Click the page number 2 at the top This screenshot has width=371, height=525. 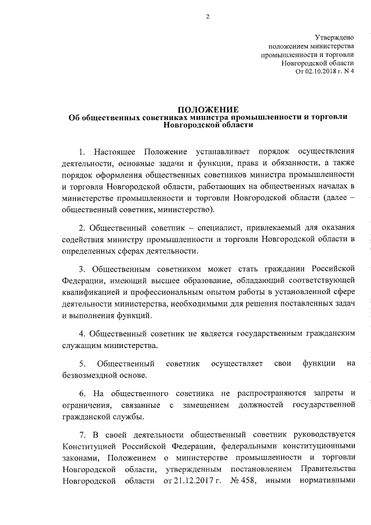pyautogui.click(x=207, y=17)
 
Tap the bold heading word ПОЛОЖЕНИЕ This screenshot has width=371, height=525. pyautogui.click(x=208, y=108)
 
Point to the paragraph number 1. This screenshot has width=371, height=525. pyautogui.click(x=82, y=152)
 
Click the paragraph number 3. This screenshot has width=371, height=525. pyautogui.click(x=82, y=270)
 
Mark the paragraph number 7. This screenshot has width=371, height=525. pyautogui.click(x=82, y=435)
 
